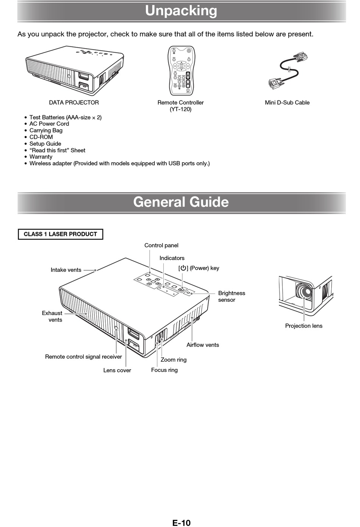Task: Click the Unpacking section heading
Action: [181, 11]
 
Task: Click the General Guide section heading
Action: [181, 202]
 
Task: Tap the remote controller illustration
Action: [181, 71]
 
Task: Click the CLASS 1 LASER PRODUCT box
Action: [60, 234]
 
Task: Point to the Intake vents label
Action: [66, 270]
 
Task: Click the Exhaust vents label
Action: [52, 317]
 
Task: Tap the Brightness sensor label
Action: [232, 296]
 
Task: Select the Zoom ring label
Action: [174, 360]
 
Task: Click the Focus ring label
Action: [164, 370]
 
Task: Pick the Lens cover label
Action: [117, 370]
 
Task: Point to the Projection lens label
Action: [304, 326]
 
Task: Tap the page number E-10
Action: [181, 523]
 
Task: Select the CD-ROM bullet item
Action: [41, 137]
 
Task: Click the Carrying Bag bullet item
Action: [46, 130]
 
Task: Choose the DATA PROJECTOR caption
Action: [74, 103]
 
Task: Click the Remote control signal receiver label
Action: [83, 357]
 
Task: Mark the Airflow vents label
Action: [203, 345]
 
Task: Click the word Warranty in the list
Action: [41, 157]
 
